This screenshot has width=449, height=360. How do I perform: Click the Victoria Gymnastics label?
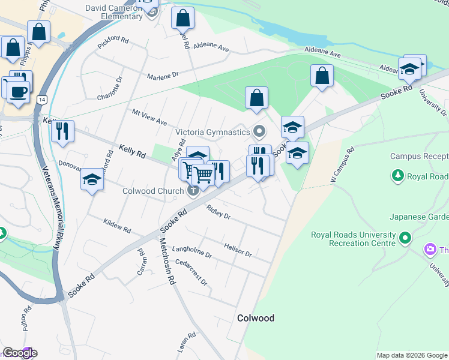212,132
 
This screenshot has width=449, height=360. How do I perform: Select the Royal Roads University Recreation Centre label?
353,239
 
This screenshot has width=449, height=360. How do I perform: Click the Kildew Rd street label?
116,226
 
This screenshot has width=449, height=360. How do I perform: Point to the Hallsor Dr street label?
237,250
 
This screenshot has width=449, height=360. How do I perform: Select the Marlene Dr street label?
163,76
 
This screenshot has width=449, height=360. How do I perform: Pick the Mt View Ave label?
149,117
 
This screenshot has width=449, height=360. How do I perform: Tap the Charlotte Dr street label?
110,88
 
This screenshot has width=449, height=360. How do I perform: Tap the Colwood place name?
256,318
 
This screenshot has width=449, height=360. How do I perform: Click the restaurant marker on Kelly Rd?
62,131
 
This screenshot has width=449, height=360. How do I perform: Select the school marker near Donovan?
92,179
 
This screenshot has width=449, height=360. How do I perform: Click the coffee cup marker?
19,92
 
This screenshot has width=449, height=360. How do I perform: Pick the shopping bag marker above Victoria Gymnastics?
256,98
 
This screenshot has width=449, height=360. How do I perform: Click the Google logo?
20,353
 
